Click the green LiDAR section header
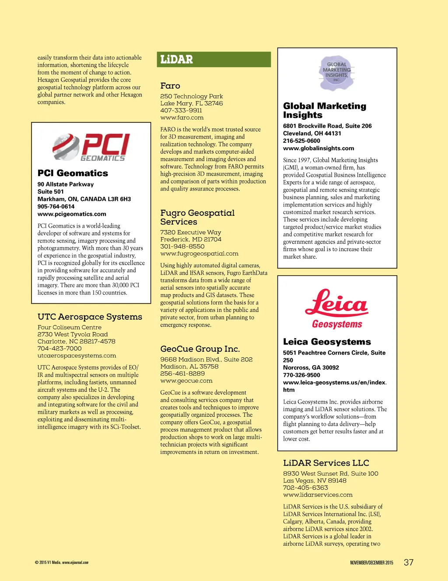213,59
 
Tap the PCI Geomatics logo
91,147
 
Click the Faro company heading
170,86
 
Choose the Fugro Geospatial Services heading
197,217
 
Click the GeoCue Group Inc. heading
200,349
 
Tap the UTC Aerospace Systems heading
90,317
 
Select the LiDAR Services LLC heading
326,463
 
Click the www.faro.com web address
182,118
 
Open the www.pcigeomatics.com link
72,214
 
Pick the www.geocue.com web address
186,380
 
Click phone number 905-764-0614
56,207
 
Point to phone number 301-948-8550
182,246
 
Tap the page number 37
408,563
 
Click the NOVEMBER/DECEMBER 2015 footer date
371,563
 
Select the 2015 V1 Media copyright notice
62,563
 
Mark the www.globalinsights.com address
318,149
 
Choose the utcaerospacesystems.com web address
77,356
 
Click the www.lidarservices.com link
318,495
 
